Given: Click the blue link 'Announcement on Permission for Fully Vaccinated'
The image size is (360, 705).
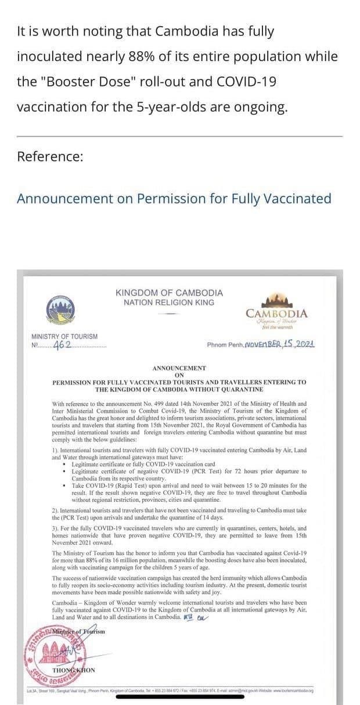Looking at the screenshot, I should click(x=174, y=199).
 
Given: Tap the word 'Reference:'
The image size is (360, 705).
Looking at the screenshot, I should click(x=50, y=156).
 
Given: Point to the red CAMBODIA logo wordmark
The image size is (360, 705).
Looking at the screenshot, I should click(x=276, y=314).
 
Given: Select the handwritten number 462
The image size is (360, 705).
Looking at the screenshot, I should click(x=62, y=345).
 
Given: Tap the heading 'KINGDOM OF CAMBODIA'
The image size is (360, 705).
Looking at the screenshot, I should click(x=169, y=293).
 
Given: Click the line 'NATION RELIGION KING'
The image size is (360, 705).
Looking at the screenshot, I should click(x=169, y=303).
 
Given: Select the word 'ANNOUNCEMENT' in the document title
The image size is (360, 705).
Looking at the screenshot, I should click(x=179, y=368).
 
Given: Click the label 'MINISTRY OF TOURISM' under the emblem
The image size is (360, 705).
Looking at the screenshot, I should click(x=64, y=336).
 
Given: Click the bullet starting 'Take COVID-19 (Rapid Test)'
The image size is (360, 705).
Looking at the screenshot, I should click(x=189, y=485).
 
